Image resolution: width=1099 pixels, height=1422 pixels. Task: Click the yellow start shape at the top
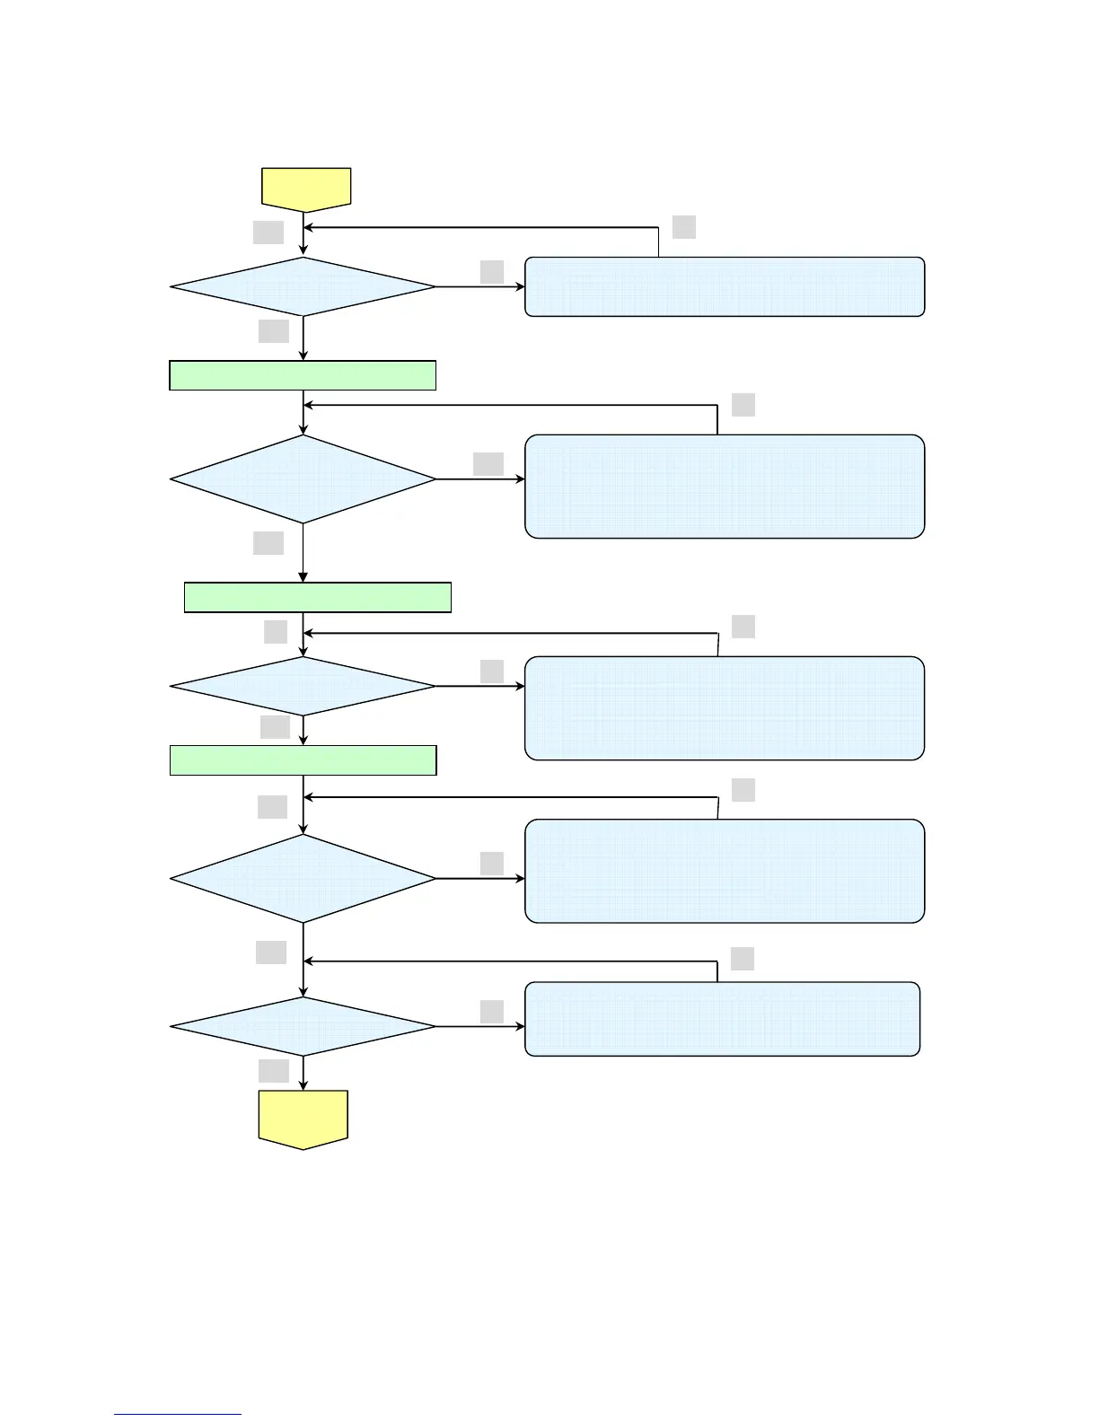tap(305, 188)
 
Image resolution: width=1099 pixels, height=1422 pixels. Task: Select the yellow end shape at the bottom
tap(303, 1118)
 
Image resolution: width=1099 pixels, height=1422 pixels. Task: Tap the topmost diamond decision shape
tap(303, 287)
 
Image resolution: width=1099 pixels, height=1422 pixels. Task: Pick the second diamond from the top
tap(303, 479)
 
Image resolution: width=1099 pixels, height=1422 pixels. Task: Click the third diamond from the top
tap(303, 686)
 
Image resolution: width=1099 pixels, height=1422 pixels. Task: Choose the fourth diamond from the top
tap(303, 878)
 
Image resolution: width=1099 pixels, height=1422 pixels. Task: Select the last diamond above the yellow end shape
tap(303, 1026)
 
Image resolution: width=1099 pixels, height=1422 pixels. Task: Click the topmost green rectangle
tap(303, 375)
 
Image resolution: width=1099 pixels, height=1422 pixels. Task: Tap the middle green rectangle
tap(317, 597)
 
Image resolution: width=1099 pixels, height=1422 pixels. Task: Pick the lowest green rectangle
tap(303, 759)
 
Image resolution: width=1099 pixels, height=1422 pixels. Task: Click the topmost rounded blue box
tap(725, 287)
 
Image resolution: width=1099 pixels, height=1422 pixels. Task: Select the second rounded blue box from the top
tap(725, 487)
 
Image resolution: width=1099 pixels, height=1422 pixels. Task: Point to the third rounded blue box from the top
tap(725, 708)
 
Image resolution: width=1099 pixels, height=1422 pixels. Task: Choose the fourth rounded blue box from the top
tap(725, 871)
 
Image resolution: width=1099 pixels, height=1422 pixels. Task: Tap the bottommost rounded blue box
tap(722, 1019)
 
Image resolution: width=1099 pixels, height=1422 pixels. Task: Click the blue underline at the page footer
tap(178, 1414)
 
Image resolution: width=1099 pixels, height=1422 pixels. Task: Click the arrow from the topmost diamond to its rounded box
tap(480, 287)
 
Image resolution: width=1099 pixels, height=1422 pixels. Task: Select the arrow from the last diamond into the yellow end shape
tap(303, 1073)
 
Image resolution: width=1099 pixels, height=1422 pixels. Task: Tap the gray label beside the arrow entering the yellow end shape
tap(274, 1070)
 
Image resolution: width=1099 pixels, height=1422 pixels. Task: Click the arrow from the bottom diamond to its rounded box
tap(480, 1026)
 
